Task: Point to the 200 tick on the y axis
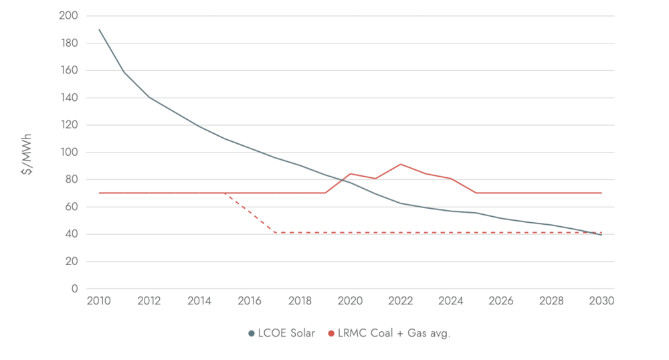tap(69, 15)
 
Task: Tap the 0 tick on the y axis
tap(74, 289)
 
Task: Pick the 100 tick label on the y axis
tap(69, 153)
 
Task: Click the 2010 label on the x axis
tap(98, 302)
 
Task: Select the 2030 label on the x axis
tap(601, 302)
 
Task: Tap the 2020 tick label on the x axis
tap(350, 302)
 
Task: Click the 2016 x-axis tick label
tap(250, 302)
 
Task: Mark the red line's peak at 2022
tap(400, 164)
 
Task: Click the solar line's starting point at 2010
tap(98, 29)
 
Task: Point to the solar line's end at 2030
tap(601, 235)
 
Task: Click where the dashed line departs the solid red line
tap(224, 193)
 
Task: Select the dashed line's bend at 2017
tap(275, 232)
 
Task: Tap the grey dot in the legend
tap(252, 333)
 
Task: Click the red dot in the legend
tap(331, 333)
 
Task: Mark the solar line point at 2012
tap(149, 97)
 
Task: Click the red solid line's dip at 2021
tap(375, 179)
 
